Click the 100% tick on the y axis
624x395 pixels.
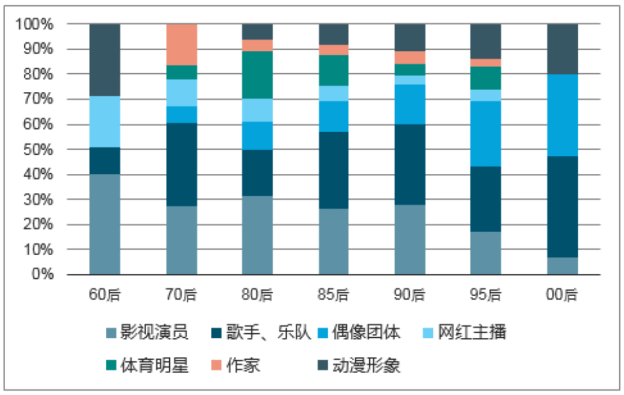pyautogui.click(x=34, y=24)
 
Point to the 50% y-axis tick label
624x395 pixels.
pyautogui.click(x=38, y=150)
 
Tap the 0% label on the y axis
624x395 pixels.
pyautogui.click(x=42, y=274)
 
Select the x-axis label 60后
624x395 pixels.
pyautogui.click(x=105, y=295)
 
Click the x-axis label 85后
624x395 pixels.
pyautogui.click(x=333, y=295)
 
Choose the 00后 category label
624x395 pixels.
pyautogui.click(x=562, y=295)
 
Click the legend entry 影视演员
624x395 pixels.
pyautogui.click(x=147, y=332)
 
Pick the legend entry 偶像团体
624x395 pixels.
pyautogui.click(x=359, y=332)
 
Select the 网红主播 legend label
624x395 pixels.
pyautogui.click(x=465, y=332)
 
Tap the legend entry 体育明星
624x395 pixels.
pyautogui.click(x=147, y=365)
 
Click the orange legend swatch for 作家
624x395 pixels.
pyautogui.click(x=216, y=365)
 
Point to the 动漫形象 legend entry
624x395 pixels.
pyautogui.click(x=359, y=365)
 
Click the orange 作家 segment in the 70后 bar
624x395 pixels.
pyautogui.click(x=181, y=44)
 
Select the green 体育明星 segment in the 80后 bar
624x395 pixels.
pyautogui.click(x=258, y=74)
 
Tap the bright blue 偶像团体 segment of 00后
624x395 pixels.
pyautogui.click(x=562, y=115)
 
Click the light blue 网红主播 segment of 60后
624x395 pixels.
pyautogui.click(x=105, y=122)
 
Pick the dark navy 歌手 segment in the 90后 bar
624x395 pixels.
pyautogui.click(x=410, y=165)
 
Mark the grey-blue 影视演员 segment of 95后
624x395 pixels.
pyautogui.click(x=485, y=253)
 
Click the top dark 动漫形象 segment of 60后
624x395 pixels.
pyautogui.click(x=105, y=60)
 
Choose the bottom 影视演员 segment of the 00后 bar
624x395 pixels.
pyautogui.click(x=562, y=266)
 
